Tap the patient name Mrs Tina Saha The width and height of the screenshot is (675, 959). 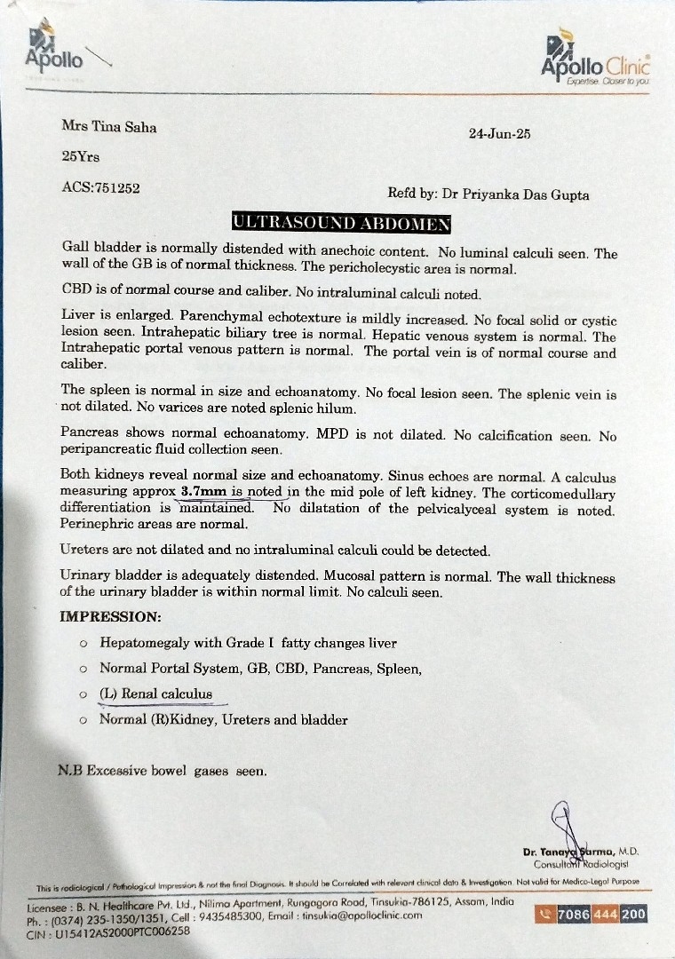[x=108, y=126]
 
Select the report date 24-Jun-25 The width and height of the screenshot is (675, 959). [x=499, y=134]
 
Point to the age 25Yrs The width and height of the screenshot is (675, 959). [x=80, y=155]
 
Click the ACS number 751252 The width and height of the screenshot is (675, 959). [x=100, y=187]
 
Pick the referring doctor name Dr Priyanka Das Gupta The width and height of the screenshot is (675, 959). [x=516, y=194]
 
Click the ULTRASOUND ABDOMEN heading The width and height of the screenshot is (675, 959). [x=340, y=222]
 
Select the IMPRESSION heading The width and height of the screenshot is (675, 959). [x=110, y=615]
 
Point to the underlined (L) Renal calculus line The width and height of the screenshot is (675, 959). [x=155, y=693]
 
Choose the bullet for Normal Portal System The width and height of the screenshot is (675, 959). [x=83, y=669]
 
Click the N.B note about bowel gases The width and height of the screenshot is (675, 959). [x=162, y=771]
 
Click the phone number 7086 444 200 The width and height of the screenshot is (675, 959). [x=600, y=915]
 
